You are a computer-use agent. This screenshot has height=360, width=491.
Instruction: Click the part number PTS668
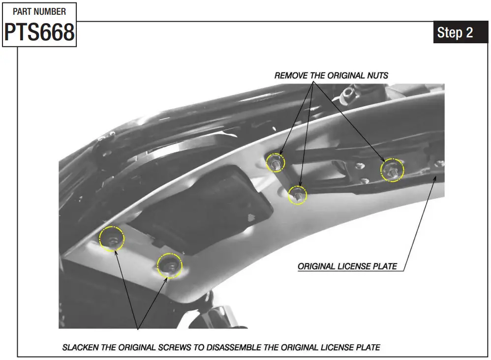[39, 32]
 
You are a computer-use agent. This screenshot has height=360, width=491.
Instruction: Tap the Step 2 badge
[455, 33]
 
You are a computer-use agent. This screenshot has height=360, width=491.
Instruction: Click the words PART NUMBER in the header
[39, 11]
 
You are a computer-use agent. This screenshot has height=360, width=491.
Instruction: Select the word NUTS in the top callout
[377, 76]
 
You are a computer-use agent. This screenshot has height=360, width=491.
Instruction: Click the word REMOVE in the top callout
[290, 76]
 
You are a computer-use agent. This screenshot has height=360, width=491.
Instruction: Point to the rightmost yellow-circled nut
[392, 170]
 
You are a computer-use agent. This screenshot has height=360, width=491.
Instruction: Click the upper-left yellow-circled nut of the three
[275, 162]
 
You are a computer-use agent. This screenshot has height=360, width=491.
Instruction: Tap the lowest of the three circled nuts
[297, 195]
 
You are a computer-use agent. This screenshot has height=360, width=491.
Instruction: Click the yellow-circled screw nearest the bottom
[170, 266]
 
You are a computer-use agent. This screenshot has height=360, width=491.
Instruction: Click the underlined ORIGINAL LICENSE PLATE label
[347, 267]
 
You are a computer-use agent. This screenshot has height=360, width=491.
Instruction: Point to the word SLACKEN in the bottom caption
[80, 347]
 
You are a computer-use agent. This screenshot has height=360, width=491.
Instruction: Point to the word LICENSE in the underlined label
[355, 267]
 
